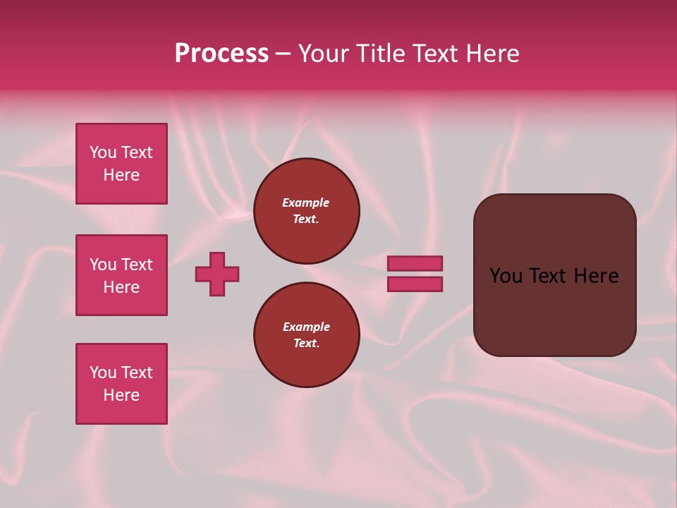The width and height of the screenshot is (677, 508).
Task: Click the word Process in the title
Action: coord(221,54)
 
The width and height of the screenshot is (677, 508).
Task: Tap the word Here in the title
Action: coord(492,54)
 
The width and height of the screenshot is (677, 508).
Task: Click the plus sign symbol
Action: coord(217,274)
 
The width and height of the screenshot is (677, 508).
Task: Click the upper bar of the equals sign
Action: coord(415,263)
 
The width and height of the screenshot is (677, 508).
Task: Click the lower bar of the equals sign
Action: coord(415,284)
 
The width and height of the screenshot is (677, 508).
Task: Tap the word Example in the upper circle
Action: coord(306,202)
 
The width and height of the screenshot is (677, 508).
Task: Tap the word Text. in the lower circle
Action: coord(306,343)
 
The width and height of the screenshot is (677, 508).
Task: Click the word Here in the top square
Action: coord(121,175)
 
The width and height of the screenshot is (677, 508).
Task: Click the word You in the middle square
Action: coord(102,265)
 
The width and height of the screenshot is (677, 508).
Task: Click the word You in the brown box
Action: coord(506,276)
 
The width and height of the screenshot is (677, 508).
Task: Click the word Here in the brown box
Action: coord(596,276)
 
